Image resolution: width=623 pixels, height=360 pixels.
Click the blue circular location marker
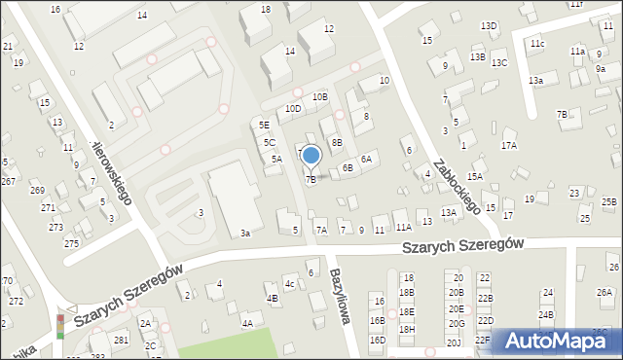pyautogui.click(x=311, y=155)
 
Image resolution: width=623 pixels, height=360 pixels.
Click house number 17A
pyautogui.click(x=508, y=145)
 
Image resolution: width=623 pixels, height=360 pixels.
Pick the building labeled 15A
pyautogui.click(x=474, y=176)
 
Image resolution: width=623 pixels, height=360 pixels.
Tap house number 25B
pyautogui.click(x=608, y=201)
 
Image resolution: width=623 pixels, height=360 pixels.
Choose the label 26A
pyautogui.click(x=605, y=292)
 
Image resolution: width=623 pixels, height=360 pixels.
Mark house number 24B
pyautogui.click(x=546, y=314)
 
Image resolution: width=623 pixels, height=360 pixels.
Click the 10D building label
pyautogui.click(x=293, y=109)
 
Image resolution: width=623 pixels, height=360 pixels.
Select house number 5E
pyautogui.click(x=264, y=125)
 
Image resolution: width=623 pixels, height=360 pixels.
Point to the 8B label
pyautogui.click(x=337, y=142)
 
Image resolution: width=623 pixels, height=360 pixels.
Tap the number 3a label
pyautogui.click(x=246, y=234)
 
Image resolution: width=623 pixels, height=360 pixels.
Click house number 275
pyautogui.click(x=71, y=242)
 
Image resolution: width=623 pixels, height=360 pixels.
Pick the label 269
pyautogui.click(x=37, y=190)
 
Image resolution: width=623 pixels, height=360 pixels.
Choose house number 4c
pyautogui.click(x=290, y=284)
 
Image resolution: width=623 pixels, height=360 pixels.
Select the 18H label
pyautogui.click(x=407, y=329)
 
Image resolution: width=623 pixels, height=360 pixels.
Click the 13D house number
pyautogui.click(x=489, y=25)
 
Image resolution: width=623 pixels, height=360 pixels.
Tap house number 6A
pyautogui.click(x=366, y=159)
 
